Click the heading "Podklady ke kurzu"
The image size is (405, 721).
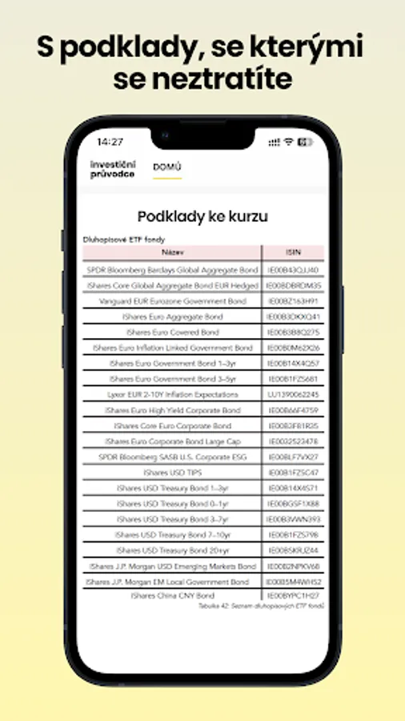pyautogui.click(x=202, y=216)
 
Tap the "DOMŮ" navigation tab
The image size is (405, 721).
pyautogui.click(x=167, y=167)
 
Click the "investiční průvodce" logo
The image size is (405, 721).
pyautogui.click(x=113, y=168)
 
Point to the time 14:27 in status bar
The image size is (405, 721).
pyautogui.click(x=110, y=142)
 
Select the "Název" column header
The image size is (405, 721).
pyautogui.click(x=172, y=252)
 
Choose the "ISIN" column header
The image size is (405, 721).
pyautogui.click(x=292, y=252)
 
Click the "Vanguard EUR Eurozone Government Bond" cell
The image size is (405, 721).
pyautogui.click(x=172, y=301)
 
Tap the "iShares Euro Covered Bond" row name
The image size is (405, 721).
pyautogui.click(x=172, y=332)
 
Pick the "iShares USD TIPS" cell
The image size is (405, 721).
pyautogui.click(x=172, y=472)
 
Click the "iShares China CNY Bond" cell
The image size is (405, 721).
pyautogui.click(x=172, y=596)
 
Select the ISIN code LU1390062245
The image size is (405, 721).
pyautogui.click(x=292, y=394)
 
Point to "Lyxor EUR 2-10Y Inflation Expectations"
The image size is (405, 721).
pyautogui.click(x=172, y=394)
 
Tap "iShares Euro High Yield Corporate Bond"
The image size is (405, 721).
pyautogui.click(x=172, y=410)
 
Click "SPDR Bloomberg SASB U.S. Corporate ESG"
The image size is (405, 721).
pyautogui.click(x=172, y=457)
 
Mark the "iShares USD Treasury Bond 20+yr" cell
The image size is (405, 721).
pyautogui.click(x=172, y=550)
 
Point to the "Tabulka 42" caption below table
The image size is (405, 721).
pyautogui.click(x=261, y=606)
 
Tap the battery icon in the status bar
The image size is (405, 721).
pyautogui.click(x=304, y=142)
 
